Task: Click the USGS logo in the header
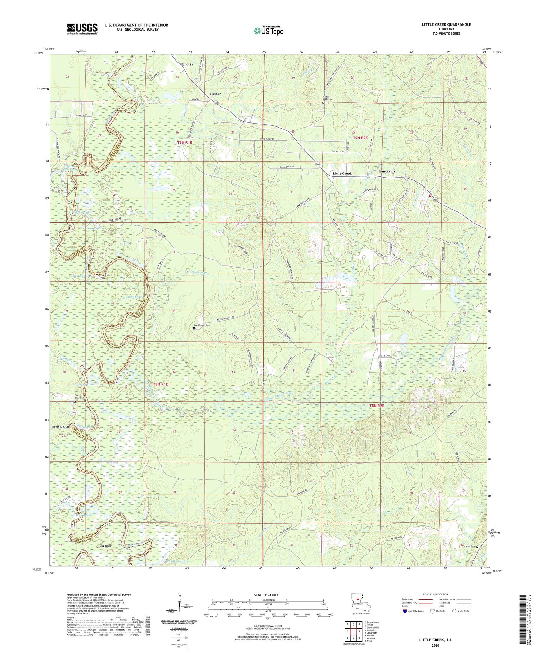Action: pos(82,29)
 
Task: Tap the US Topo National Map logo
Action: pos(268,31)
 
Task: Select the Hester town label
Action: pos(215,94)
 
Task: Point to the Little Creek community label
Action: pos(342,173)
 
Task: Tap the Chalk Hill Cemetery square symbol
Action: pos(323,103)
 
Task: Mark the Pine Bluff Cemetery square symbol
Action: pos(75,401)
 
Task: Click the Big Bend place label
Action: pos(106,546)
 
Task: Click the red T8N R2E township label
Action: pos(377,406)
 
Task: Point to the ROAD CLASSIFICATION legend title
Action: pos(436,594)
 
